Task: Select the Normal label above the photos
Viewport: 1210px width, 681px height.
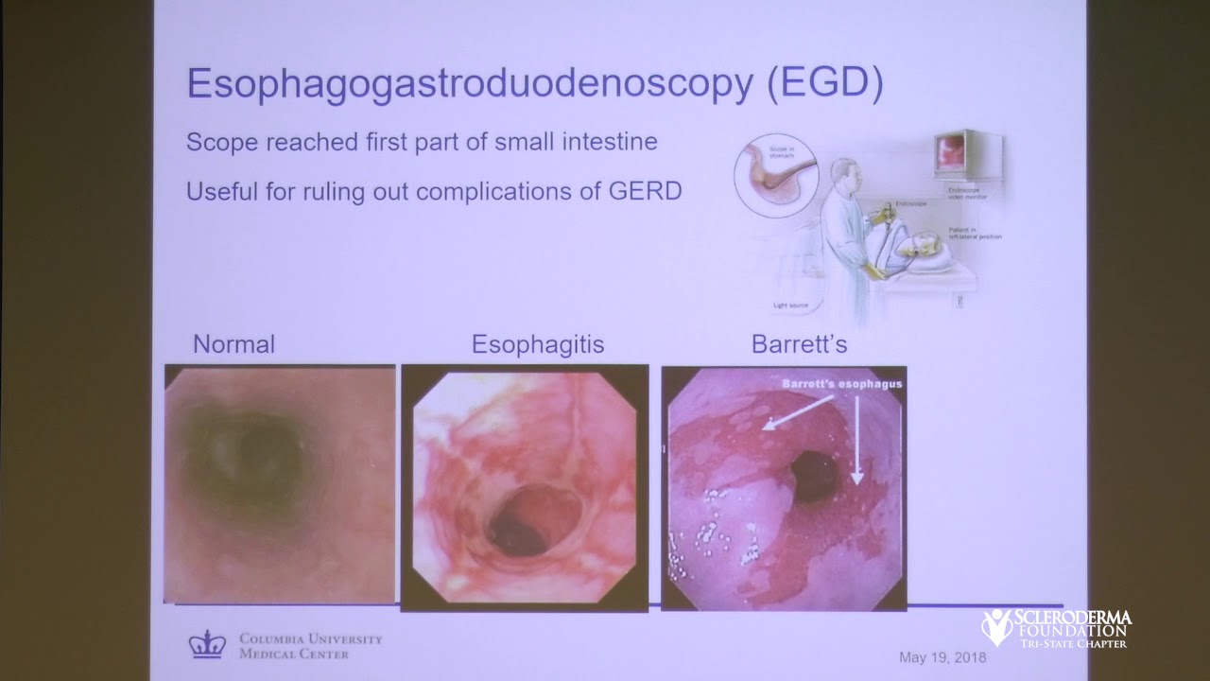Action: pyautogui.click(x=233, y=344)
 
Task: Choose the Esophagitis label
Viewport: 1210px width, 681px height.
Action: pyautogui.click(x=538, y=344)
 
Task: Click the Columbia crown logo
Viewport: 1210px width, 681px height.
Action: pyautogui.click(x=206, y=644)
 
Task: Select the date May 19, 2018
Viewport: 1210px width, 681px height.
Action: pyautogui.click(x=942, y=656)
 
